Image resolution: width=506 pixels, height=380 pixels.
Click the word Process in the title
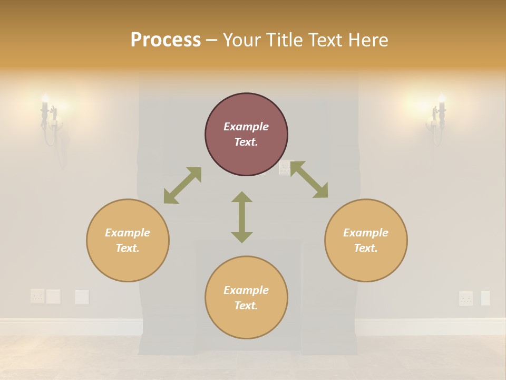click(x=166, y=40)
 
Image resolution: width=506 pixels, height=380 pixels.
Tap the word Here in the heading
click(x=367, y=40)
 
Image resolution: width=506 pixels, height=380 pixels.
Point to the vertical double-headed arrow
click(x=242, y=217)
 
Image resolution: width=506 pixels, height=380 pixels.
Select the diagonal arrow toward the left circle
click(x=182, y=185)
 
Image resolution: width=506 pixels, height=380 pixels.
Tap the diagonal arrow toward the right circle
click(x=309, y=179)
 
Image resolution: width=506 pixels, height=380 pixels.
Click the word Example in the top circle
click(x=246, y=127)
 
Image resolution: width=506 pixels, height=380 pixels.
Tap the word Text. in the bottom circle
click(x=246, y=306)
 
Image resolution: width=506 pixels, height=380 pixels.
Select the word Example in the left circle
click(x=128, y=233)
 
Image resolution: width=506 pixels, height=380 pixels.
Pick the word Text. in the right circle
click(x=366, y=248)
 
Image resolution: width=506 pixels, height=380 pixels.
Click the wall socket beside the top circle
click(x=285, y=168)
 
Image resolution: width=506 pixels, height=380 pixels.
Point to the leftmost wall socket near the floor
click(x=37, y=296)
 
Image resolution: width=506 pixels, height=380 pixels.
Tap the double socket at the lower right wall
click(x=466, y=298)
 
